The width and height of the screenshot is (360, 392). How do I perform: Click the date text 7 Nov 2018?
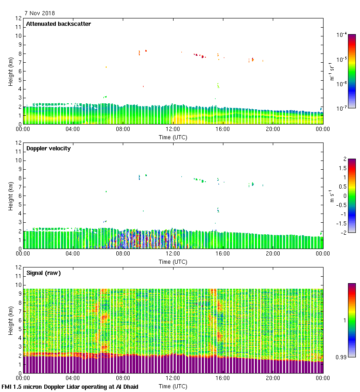pyautogui.click(x=40, y=13)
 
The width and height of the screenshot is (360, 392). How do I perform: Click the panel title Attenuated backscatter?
pyautogui.click(x=58, y=24)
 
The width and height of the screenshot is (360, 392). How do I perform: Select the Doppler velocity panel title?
pyautogui.click(x=48, y=148)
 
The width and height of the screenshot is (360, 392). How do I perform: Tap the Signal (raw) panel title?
pyautogui.click(x=43, y=273)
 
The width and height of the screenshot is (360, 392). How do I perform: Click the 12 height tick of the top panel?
pyautogui.click(x=19, y=18)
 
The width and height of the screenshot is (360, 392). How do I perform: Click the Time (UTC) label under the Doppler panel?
pyautogui.click(x=173, y=261)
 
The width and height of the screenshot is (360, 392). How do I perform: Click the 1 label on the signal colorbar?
pyautogui.click(x=344, y=320)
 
